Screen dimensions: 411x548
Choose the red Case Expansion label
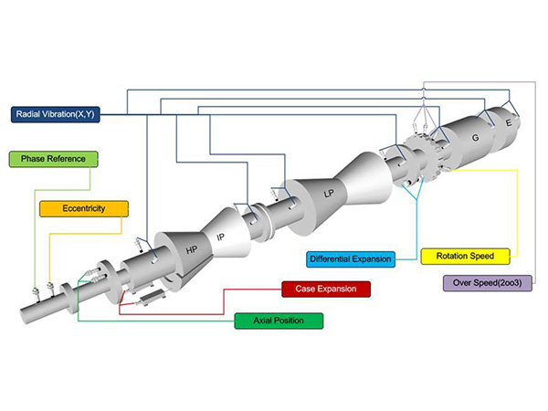(326, 289)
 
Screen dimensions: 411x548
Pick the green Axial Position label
(279, 321)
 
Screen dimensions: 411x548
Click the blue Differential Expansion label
(351, 259)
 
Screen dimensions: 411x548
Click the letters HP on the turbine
(192, 249)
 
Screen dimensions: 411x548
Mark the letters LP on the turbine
(328, 193)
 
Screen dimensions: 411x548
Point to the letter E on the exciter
(509, 121)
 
